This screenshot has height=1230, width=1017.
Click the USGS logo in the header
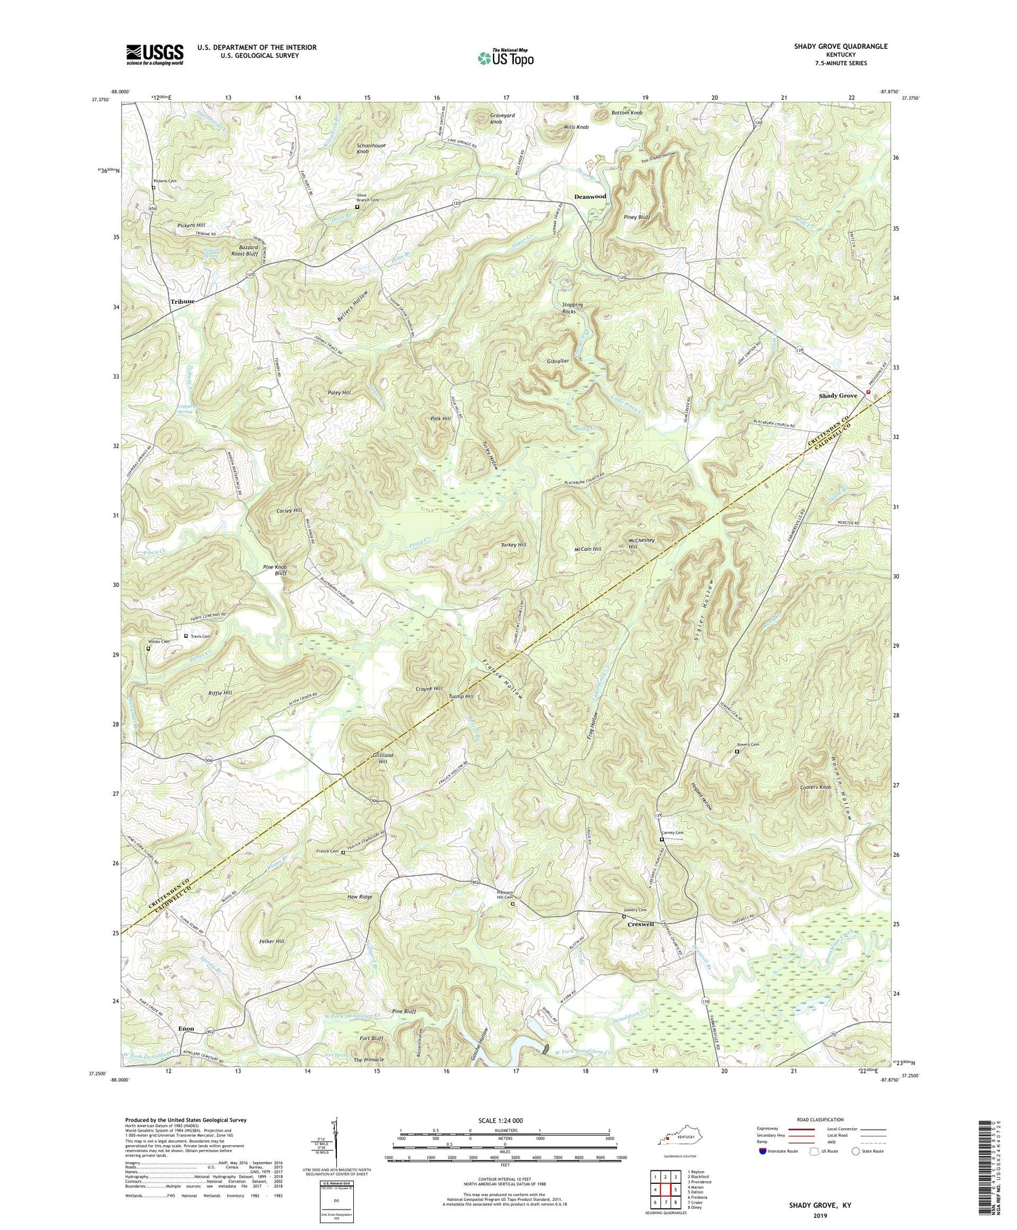pos(155,54)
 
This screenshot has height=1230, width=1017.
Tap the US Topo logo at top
pos(505,58)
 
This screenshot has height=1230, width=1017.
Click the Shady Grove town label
pos(838,396)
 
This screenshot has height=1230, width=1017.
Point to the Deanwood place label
pos(590,197)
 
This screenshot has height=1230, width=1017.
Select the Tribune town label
pos(182,301)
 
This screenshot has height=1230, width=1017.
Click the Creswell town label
pos(640,924)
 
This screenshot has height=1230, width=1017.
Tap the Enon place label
pos(186,1029)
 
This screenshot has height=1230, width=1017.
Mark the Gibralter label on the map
pos(558,362)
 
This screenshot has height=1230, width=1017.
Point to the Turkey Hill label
pos(513,545)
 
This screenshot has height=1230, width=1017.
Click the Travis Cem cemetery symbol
pos(186,636)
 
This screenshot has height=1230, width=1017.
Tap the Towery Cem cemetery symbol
pos(737,751)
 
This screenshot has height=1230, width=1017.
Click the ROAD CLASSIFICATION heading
pos(820,1119)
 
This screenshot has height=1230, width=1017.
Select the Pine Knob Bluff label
pos(275,569)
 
